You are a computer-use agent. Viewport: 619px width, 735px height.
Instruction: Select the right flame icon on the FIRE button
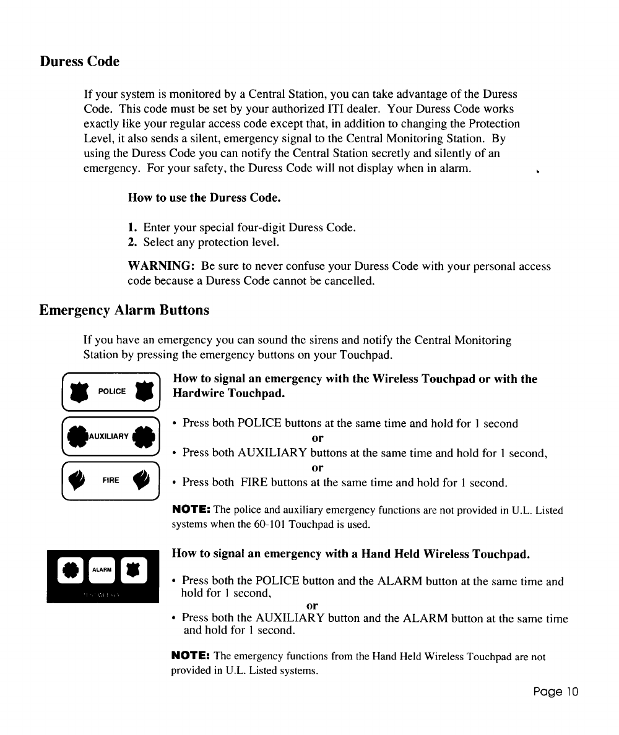point(144,479)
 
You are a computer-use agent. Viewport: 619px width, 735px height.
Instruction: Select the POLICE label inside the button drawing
point(113,392)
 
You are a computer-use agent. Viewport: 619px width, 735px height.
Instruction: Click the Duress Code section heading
point(79,62)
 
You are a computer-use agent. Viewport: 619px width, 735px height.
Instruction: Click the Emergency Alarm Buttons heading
point(124,310)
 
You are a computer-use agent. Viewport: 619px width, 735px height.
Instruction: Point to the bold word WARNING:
point(162,267)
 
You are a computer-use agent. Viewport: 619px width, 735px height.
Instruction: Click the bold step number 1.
point(131,228)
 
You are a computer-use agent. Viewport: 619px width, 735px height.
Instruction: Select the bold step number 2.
point(131,241)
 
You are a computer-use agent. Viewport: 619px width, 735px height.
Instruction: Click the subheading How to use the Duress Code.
point(204,199)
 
